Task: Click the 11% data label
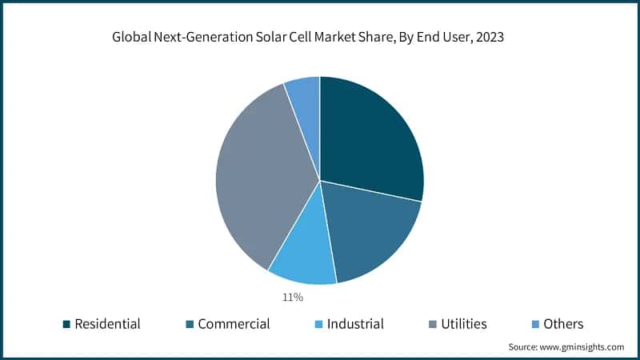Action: coord(292,298)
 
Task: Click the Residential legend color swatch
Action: coord(66,324)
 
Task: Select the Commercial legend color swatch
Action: coord(190,324)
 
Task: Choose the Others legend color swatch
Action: coord(535,324)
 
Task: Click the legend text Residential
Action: coord(107,324)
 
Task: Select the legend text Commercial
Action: coord(234,324)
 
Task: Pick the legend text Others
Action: coord(563,324)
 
